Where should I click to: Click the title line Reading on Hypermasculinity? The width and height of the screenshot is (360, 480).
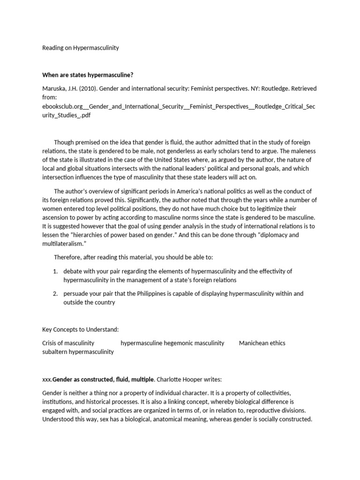(x=81, y=48)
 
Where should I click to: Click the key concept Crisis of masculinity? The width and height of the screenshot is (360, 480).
(x=68, y=343)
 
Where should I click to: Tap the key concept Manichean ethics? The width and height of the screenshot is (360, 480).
(x=262, y=343)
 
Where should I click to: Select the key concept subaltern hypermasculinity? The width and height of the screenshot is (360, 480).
(x=78, y=352)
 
